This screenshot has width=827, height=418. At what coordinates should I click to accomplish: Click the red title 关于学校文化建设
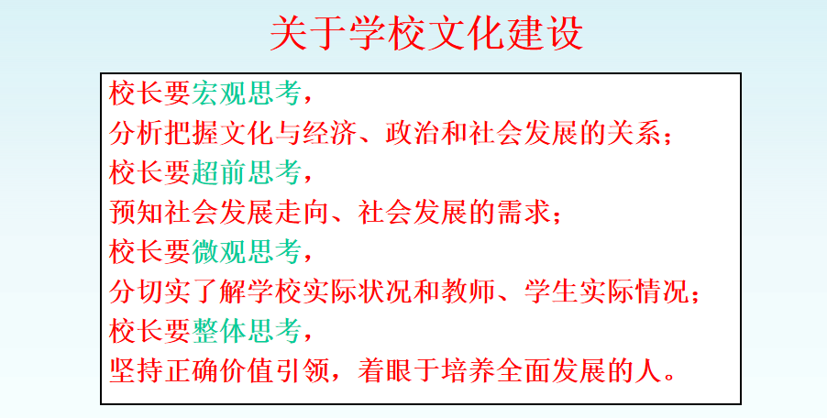[x=426, y=33]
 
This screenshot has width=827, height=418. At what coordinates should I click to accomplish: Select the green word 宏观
[x=218, y=93]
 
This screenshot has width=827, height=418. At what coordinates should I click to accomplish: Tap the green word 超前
[x=218, y=172]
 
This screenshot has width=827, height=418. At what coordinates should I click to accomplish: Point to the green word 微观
[x=218, y=251]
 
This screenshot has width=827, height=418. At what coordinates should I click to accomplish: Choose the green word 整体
[x=218, y=331]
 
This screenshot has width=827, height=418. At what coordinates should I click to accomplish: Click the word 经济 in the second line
[x=330, y=133]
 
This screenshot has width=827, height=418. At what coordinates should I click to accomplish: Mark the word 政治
[x=413, y=133]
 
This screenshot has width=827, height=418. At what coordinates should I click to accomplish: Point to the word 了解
[x=218, y=291]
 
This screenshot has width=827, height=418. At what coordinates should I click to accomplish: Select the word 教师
[x=468, y=291]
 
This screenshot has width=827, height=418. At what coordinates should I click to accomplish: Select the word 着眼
[x=385, y=370]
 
